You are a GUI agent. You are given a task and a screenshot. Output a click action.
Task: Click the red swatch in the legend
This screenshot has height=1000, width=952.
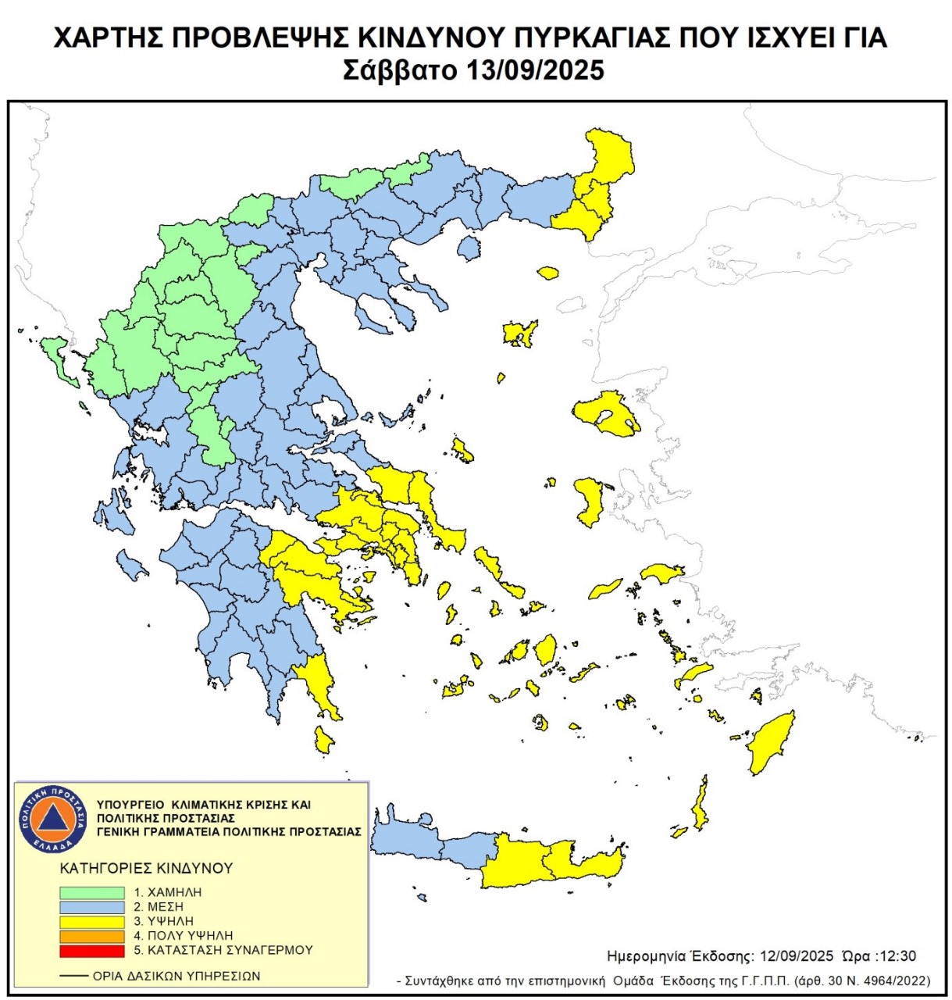coord(92,950)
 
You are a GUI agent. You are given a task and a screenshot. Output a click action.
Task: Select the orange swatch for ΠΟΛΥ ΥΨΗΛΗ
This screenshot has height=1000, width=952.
coord(92,936)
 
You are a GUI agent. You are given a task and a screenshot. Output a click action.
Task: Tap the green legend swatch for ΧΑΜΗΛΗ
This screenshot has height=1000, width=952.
coord(92,892)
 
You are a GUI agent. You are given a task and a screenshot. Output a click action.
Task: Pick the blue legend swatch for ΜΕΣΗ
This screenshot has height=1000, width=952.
coord(92,907)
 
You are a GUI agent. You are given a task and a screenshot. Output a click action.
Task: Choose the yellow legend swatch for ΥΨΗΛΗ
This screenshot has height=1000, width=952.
coord(92,922)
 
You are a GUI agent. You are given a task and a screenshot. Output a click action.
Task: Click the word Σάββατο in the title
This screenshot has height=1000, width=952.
coord(400,70)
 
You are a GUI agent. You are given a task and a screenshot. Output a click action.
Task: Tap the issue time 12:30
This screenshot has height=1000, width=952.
coord(897,956)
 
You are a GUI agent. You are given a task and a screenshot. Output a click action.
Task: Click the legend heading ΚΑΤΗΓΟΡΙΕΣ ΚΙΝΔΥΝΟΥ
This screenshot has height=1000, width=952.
coord(146,868)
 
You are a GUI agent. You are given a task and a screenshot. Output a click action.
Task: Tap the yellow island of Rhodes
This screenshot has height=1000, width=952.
coord(772,743)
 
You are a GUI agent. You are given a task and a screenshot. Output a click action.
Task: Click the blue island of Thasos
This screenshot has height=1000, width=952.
coord(469,248)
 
